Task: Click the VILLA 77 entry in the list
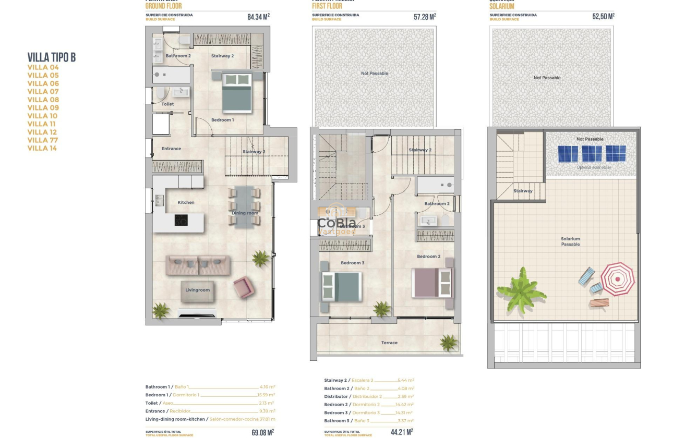[43, 140]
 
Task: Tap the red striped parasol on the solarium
[618, 279]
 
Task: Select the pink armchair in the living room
[244, 287]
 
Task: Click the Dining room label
[245, 213]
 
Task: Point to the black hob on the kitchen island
[181, 221]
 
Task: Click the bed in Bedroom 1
[237, 93]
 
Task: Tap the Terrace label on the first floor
[389, 343]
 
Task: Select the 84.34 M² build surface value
[258, 17]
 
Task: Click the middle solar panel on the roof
[592, 154]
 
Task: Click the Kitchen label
[186, 203]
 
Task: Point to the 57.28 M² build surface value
[425, 17]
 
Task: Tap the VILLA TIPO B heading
[52, 57]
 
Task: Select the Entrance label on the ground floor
[171, 149]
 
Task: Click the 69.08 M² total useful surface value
[262, 433]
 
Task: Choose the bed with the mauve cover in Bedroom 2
[432, 283]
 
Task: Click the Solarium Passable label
[570, 241]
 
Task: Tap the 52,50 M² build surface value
[603, 17]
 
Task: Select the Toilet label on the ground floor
[167, 104]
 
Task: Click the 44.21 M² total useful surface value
[402, 432]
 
